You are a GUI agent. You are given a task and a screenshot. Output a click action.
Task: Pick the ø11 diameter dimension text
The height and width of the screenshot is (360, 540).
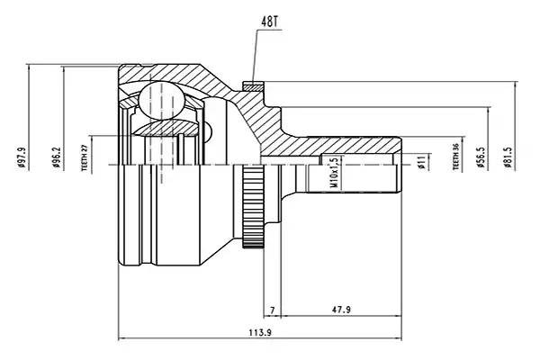click(x=421, y=162)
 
